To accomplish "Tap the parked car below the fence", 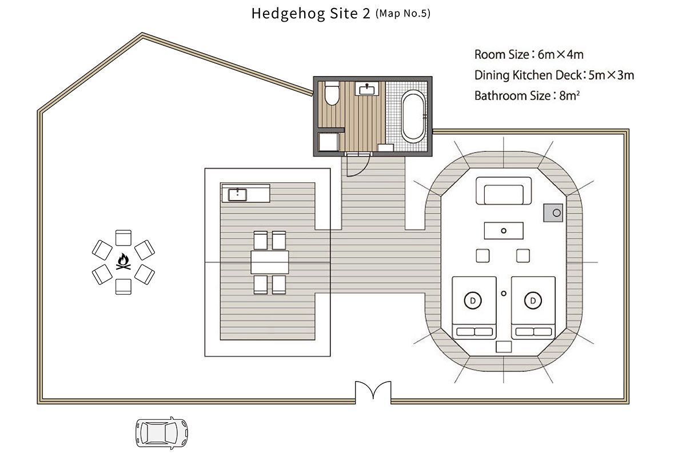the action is tap(162, 433).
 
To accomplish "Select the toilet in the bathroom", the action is tap(332, 93).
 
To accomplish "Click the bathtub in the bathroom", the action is tap(413, 117).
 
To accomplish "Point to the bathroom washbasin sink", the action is tap(367, 89).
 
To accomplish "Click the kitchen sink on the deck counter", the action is tap(237, 195).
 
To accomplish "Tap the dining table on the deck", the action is tap(269, 262).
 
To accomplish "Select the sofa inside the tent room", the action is tap(504, 191).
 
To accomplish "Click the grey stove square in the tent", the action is tap(553, 213).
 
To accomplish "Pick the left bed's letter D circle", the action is tap(473, 300).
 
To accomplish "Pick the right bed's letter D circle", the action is tap(533, 300).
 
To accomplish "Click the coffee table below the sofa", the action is tap(504, 231).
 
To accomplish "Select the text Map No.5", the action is tap(403, 14).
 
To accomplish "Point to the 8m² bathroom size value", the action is tap(569, 96).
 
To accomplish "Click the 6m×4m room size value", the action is tap(560, 55).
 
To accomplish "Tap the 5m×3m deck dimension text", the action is tap(611, 75).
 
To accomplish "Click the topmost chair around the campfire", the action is tap(123, 238).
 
